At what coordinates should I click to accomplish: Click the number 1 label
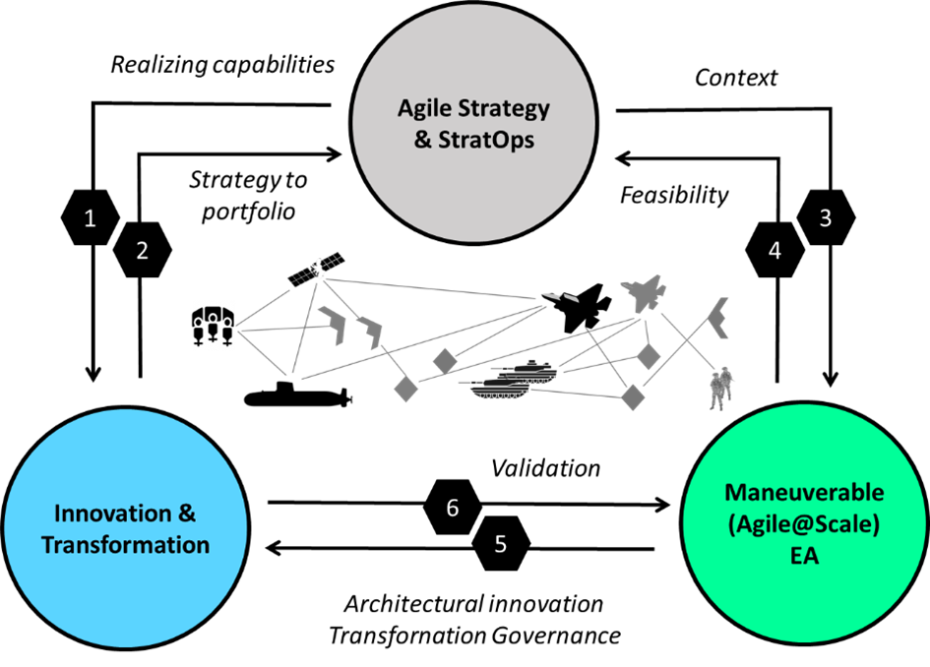pos(90,218)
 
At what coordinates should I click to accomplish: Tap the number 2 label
pos(142,251)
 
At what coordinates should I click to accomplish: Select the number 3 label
pos(826,218)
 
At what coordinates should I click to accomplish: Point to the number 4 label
pos(775,251)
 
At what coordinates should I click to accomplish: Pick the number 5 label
pos(501,544)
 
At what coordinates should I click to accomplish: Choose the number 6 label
pos(453,509)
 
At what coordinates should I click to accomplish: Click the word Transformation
pos(125,545)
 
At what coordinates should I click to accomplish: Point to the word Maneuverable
pos(804,492)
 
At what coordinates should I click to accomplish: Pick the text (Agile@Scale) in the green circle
pos(804,524)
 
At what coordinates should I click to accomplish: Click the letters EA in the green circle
pos(804,557)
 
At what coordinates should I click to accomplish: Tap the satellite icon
pos(317,269)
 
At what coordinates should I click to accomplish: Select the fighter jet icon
pos(644,293)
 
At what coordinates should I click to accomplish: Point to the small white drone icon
pos(560,297)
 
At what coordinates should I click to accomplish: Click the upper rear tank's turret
pos(531,366)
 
